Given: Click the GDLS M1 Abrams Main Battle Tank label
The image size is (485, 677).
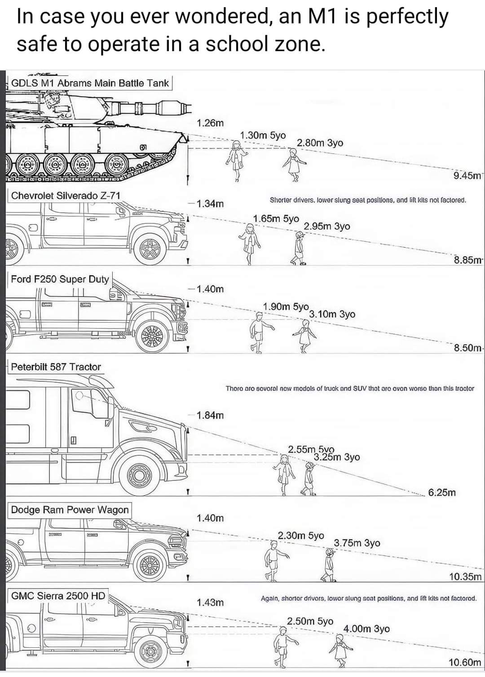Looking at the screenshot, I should coord(90,83).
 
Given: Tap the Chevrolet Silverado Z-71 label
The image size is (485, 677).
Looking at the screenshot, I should coord(66,196).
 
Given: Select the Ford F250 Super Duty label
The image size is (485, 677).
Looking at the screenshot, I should coord(60,279).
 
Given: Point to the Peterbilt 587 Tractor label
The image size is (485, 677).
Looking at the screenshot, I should coord(56,367).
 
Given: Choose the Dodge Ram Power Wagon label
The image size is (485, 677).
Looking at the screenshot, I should coord(70,510).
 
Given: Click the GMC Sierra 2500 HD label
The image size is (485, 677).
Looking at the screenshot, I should coord(58,596).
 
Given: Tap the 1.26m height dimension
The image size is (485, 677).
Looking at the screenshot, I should coord(210,123).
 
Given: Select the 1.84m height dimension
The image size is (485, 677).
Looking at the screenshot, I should coord(210,415).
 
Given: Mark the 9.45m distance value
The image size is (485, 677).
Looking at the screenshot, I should coord(467,175).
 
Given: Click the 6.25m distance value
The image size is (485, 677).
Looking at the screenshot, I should coord(442,493).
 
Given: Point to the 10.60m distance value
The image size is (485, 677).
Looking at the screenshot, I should coord(465,662).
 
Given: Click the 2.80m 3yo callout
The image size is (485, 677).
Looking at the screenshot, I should coord(320,143).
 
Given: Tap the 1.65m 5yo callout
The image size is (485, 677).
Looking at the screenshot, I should coord(276,218).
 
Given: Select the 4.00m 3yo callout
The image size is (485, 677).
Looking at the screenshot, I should coord(366,629).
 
